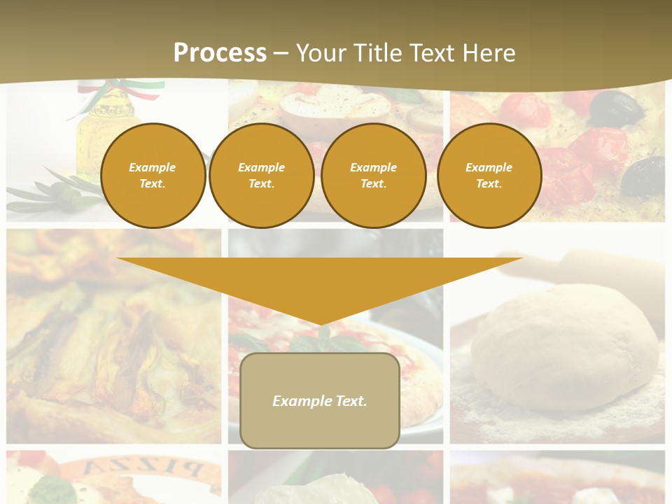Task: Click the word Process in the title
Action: coord(220,53)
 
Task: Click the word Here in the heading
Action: coord(487,53)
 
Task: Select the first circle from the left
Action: coord(153,176)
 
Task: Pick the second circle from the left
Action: coord(262,176)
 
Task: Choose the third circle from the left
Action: coord(374,176)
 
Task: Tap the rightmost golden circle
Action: coord(489,176)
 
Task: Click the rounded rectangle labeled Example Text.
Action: coord(320,400)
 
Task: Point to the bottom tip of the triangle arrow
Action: coord(321,323)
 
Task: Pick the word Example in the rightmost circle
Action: coord(489,167)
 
